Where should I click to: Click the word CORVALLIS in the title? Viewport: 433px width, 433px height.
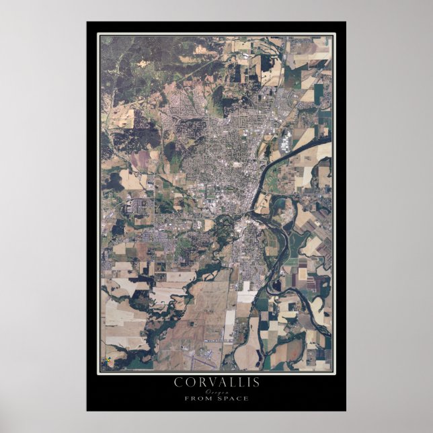click(216, 382)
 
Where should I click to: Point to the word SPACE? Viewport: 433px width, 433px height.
click(233, 399)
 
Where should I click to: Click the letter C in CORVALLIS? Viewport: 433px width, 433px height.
click(178, 382)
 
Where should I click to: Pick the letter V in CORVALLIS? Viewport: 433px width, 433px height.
click(206, 382)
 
